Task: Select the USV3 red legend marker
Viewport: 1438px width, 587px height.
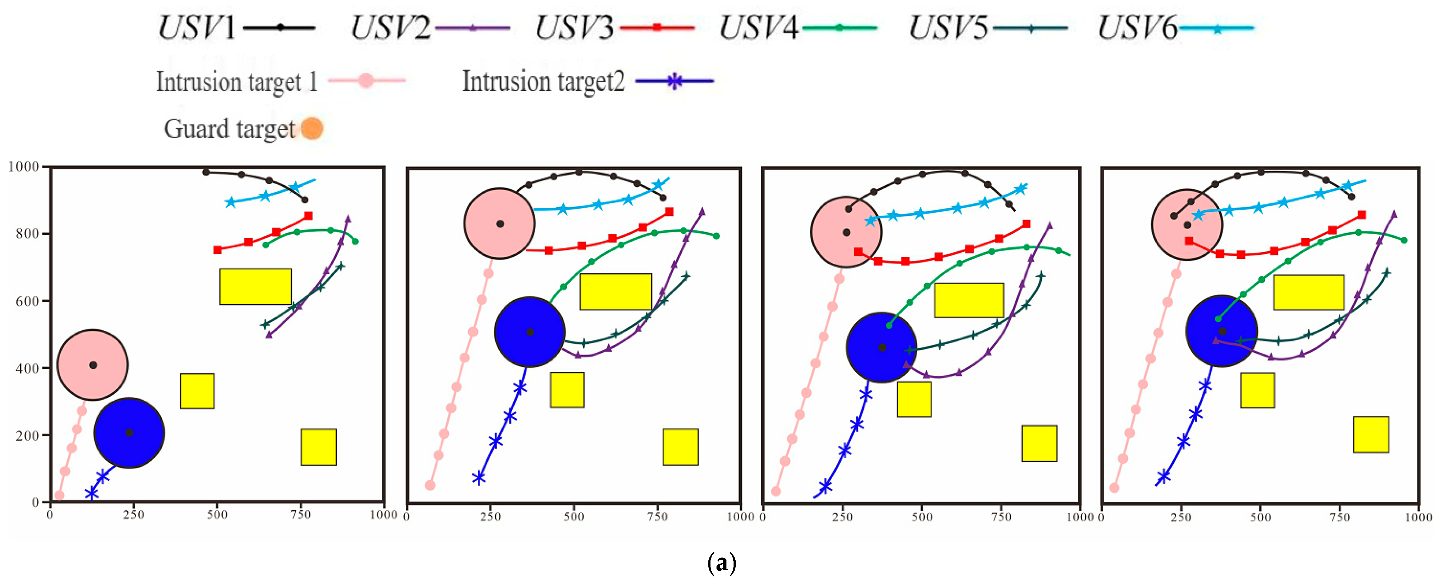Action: coord(657,27)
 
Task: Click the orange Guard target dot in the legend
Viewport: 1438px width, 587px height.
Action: coord(312,128)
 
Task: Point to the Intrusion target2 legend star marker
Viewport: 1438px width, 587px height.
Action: coord(674,81)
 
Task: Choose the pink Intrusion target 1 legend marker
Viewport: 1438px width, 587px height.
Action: coord(366,81)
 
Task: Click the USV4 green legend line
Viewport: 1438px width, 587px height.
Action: coord(839,27)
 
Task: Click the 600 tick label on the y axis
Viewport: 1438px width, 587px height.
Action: coord(27,301)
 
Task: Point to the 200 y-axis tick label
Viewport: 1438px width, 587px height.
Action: coord(27,435)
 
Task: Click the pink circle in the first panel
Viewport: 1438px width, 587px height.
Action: coord(93,365)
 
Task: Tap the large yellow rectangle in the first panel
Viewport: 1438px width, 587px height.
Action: coord(255,286)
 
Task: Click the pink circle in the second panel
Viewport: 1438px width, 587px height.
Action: coord(500,223)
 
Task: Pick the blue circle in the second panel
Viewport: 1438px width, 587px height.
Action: coord(530,332)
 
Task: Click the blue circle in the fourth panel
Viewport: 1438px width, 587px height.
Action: coord(1221,331)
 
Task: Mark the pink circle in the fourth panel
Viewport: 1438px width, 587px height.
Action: coord(1187,225)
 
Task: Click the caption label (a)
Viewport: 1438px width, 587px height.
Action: coord(721,563)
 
